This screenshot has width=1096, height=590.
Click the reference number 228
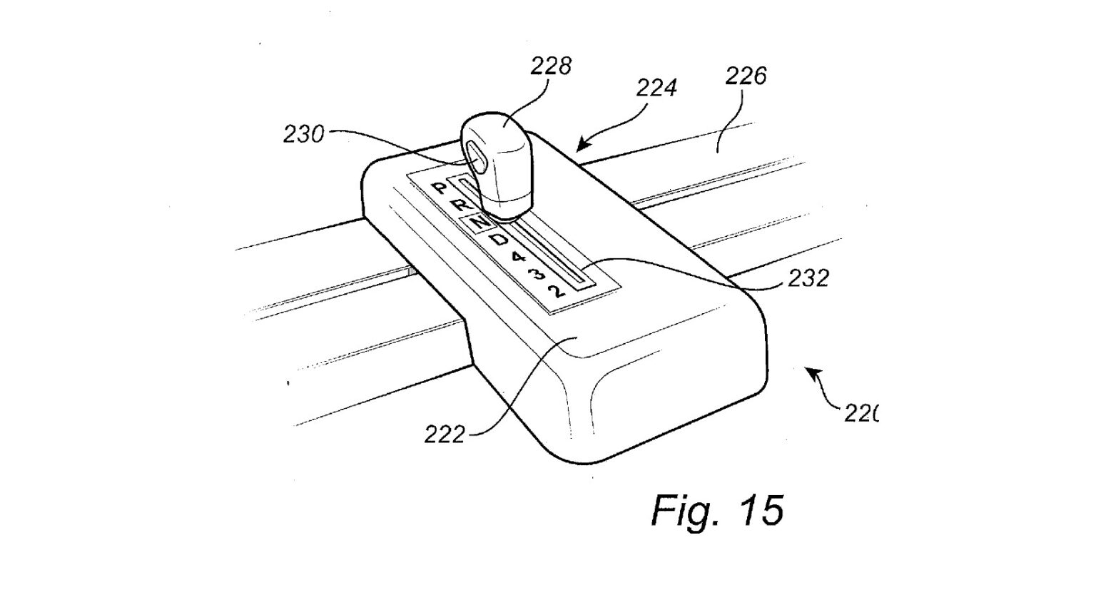550,66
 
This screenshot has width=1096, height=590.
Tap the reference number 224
656,88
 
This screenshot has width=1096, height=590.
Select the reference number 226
746,76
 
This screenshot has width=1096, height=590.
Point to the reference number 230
304,134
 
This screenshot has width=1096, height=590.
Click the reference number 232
808,278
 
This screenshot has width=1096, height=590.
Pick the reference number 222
445,434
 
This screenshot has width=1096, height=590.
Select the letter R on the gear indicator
460,205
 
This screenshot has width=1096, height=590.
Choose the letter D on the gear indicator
502,240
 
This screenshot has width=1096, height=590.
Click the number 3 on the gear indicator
537,273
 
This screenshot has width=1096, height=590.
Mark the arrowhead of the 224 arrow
579,148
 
